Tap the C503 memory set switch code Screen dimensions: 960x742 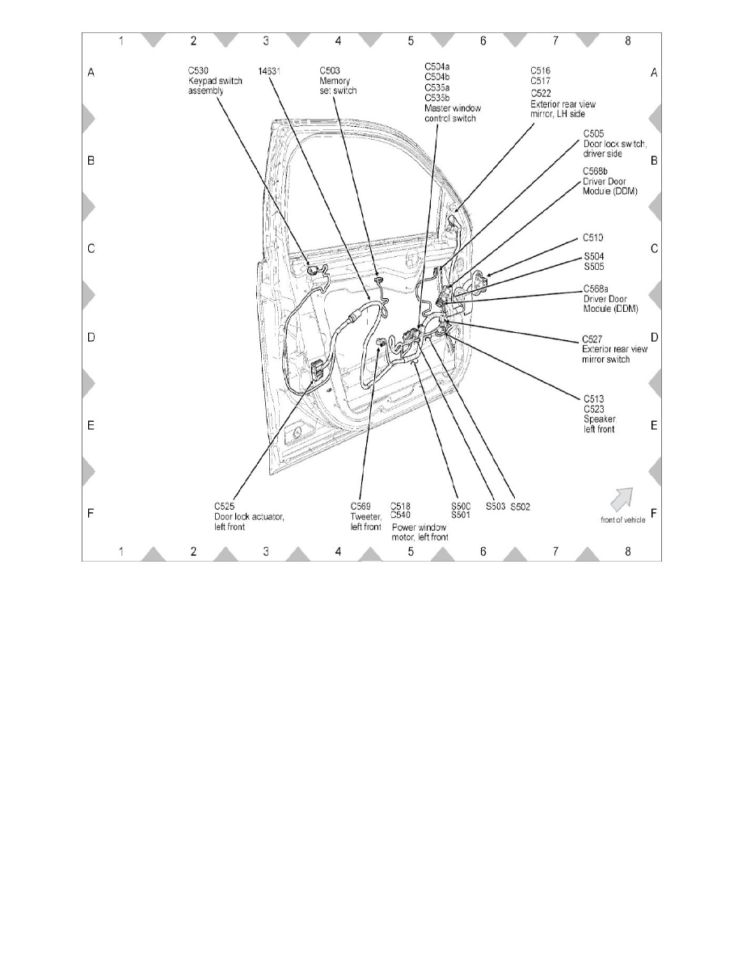tap(331, 72)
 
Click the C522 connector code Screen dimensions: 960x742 tap(541, 92)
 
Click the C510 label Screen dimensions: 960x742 tap(594, 238)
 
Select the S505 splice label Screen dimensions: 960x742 tap(594, 266)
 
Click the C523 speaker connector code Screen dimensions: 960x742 tap(594, 409)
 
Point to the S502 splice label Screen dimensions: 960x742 tap(520, 507)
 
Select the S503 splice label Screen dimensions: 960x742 tap(495, 507)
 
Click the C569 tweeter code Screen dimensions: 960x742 tap(361, 506)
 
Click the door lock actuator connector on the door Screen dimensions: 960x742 tap(317, 369)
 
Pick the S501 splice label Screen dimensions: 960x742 tap(461, 515)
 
